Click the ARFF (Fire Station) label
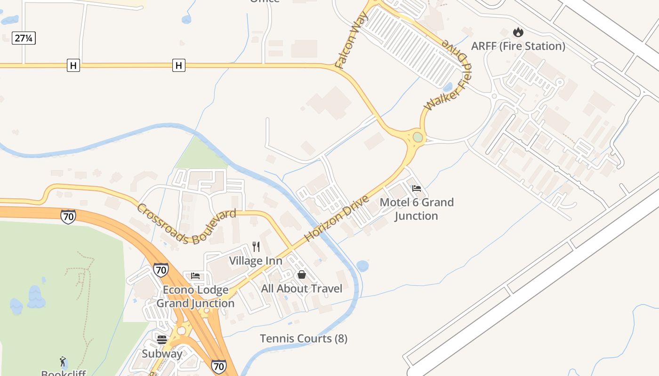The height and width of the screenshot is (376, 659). pyautogui.click(x=518, y=46)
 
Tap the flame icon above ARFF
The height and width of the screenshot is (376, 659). pyautogui.click(x=518, y=32)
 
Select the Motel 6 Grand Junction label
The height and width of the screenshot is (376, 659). pyautogui.click(x=417, y=209)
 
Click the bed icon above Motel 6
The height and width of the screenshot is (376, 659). pyautogui.click(x=416, y=188)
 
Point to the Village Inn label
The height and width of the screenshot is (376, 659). pyautogui.click(x=256, y=260)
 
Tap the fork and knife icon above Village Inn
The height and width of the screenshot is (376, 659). pyautogui.click(x=256, y=246)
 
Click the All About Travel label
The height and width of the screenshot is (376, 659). pyautogui.click(x=302, y=288)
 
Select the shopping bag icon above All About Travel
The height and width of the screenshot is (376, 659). pyautogui.click(x=302, y=274)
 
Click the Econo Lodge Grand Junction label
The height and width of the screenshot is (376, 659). pyautogui.click(x=195, y=296)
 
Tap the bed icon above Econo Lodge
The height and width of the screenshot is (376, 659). pyautogui.click(x=195, y=276)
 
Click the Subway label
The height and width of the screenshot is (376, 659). pyautogui.click(x=162, y=353)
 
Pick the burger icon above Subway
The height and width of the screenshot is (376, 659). pyautogui.click(x=162, y=339)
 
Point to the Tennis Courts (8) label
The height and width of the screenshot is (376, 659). pyautogui.click(x=304, y=338)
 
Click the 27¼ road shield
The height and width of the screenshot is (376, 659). pyautogui.click(x=24, y=39)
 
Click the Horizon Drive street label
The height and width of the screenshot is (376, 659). pyautogui.click(x=336, y=218)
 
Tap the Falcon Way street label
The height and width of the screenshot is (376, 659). pyautogui.click(x=348, y=46)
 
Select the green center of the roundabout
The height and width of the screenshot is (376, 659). pyautogui.click(x=418, y=137)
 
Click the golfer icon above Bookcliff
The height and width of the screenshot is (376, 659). pyautogui.click(x=63, y=361)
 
